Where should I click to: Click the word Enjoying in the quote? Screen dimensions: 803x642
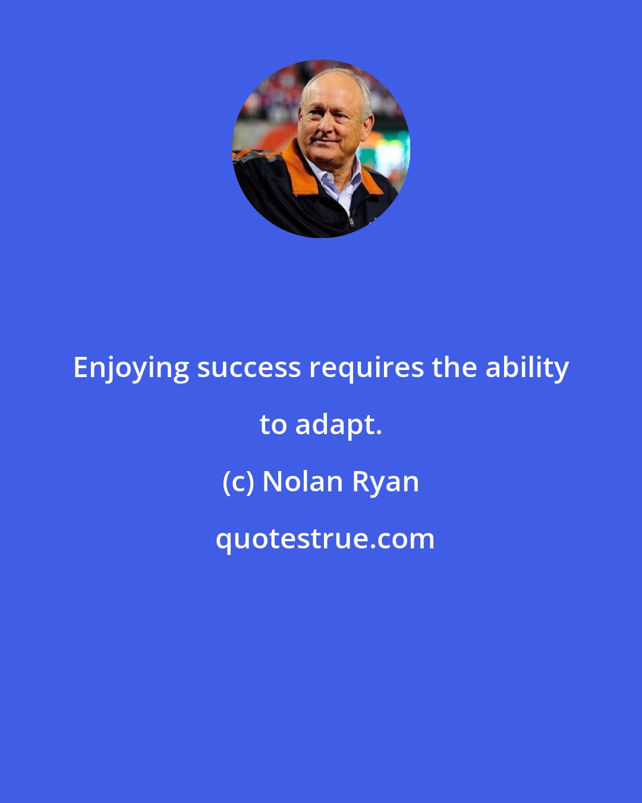tap(131, 369)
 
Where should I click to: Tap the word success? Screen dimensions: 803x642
tap(249, 368)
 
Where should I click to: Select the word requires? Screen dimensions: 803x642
tap(366, 369)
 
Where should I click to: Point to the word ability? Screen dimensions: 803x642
tap(527, 369)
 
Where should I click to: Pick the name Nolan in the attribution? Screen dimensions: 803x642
tap(303, 481)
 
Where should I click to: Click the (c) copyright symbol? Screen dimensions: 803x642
tap(238, 482)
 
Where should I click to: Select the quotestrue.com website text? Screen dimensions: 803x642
tap(325, 539)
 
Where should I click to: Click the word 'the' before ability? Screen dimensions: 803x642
tap(454, 368)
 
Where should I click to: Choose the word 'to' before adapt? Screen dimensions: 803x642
tap(273, 425)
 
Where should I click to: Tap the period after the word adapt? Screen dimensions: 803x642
tap(379, 433)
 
